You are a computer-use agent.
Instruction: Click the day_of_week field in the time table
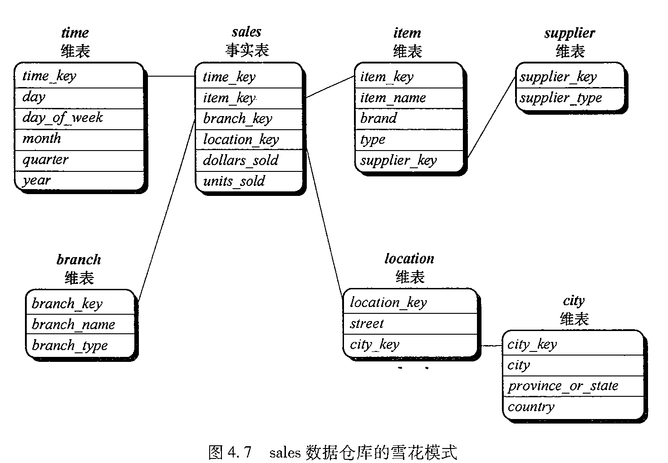[x=63, y=118]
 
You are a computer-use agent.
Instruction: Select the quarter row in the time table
[x=45, y=160]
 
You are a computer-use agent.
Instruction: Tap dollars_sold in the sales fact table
[x=241, y=161]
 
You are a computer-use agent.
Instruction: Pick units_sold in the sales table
[x=234, y=181]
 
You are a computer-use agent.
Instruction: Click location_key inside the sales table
[x=241, y=140]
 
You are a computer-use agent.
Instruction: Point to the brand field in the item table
[x=378, y=119]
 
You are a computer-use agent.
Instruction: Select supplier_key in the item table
[x=398, y=161]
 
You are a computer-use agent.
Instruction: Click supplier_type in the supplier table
[x=561, y=98]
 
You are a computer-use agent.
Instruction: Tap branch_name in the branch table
[x=74, y=325]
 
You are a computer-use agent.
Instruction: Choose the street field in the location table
[x=367, y=324]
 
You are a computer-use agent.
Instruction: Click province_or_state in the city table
[x=563, y=386]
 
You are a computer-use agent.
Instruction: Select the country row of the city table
[x=531, y=407]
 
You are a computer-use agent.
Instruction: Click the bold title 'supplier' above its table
[x=570, y=33]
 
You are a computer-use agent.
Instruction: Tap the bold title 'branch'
[x=79, y=260]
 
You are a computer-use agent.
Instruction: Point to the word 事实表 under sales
[x=247, y=50]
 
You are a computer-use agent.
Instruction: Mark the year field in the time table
[x=36, y=180]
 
